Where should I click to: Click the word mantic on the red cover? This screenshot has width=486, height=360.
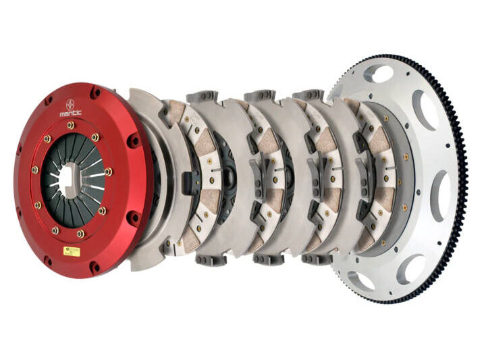(70, 113)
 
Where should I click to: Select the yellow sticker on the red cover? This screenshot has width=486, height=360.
(72, 251)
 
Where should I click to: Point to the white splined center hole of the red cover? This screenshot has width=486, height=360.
(67, 180)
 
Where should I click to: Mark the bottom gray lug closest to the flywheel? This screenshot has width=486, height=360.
(317, 259)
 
